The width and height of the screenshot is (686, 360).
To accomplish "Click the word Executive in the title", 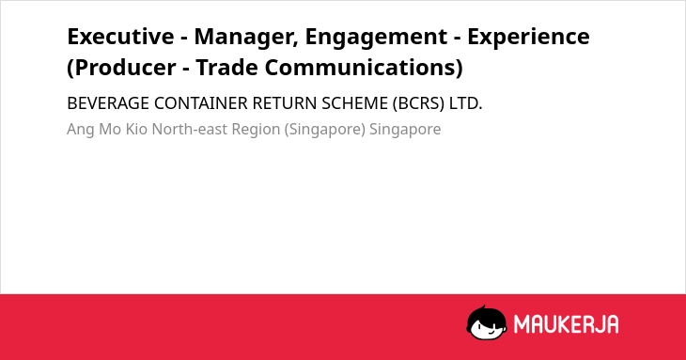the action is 120,37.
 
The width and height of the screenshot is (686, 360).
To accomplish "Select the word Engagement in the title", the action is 376,38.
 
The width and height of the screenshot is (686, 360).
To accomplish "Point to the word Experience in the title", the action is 528,38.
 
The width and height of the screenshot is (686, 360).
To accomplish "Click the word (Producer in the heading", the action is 121,69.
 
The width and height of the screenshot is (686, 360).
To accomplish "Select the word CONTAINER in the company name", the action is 201,103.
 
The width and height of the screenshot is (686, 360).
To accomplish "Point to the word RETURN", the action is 285,103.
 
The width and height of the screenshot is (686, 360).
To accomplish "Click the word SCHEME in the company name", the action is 355,103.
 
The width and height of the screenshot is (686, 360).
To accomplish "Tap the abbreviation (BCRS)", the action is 418,104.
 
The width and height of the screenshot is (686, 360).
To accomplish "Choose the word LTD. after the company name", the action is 465,103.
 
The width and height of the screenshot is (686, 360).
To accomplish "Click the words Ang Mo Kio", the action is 107,130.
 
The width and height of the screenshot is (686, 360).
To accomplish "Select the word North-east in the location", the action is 190,130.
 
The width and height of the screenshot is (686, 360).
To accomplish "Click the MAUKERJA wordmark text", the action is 566,324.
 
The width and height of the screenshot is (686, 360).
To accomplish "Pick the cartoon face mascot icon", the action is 487,322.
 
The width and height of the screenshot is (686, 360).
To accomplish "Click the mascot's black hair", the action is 486,314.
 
